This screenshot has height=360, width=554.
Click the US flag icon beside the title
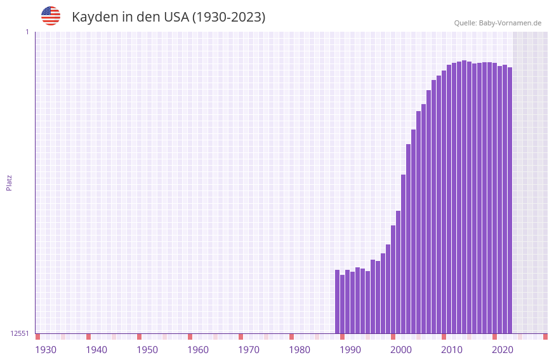pos(51,16)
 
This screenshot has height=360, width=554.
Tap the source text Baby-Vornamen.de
pos(510,23)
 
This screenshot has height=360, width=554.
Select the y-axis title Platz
pos(9,182)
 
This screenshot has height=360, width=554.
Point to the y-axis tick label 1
pos(27,32)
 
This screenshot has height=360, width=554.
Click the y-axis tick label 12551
pos(20,333)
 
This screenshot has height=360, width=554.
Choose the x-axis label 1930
pos(46,350)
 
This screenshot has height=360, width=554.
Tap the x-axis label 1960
pos(198,350)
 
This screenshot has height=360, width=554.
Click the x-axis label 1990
pos(350,350)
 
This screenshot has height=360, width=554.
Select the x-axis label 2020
pos(503,350)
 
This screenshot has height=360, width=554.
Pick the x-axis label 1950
pos(147,350)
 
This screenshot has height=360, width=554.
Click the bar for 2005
pos(418,222)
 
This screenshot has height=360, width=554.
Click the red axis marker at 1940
pos(88,337)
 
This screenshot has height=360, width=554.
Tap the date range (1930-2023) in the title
pos(228,17)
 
